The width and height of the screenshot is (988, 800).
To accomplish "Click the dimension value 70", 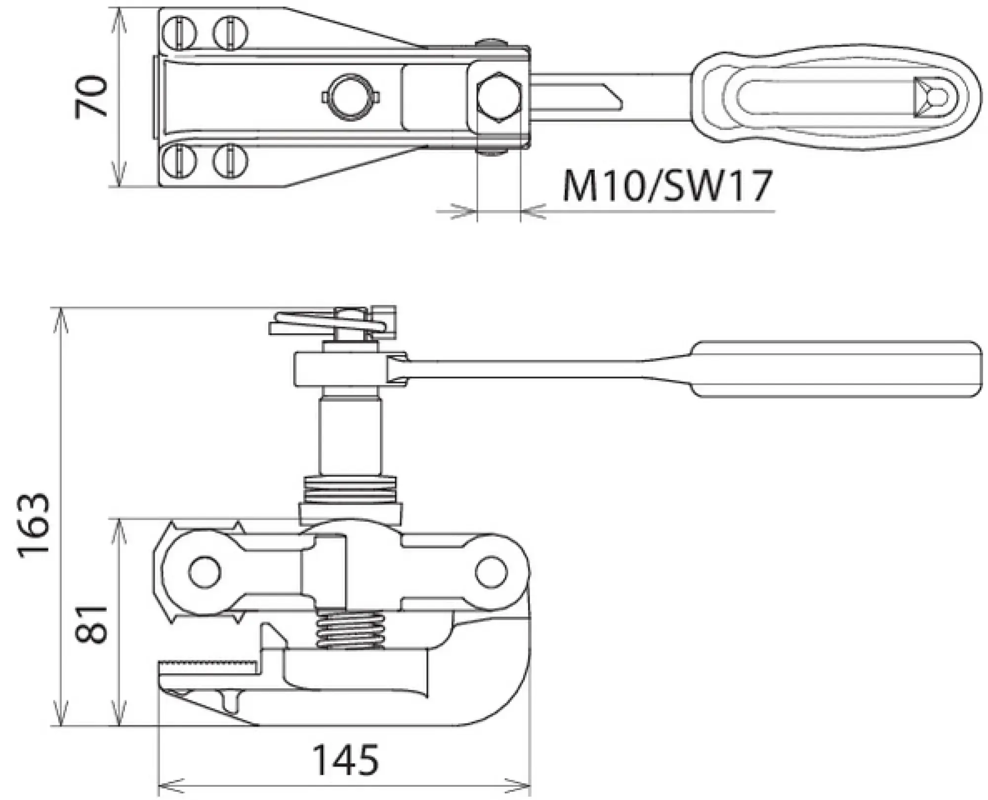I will [x=91, y=97].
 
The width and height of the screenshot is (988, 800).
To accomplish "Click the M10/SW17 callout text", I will [x=666, y=186].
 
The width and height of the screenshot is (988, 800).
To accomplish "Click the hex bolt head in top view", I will [x=498, y=97].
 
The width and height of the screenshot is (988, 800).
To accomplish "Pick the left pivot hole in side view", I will [x=204, y=572].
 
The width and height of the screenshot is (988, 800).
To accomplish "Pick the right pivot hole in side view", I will [x=491, y=572].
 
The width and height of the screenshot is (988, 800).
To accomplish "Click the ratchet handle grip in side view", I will [x=835, y=369].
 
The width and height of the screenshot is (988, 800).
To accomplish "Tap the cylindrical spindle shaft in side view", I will [x=350, y=435].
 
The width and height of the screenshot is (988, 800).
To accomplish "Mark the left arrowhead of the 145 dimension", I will [x=166, y=785].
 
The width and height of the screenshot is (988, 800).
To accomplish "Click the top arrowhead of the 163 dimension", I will [x=60, y=316].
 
